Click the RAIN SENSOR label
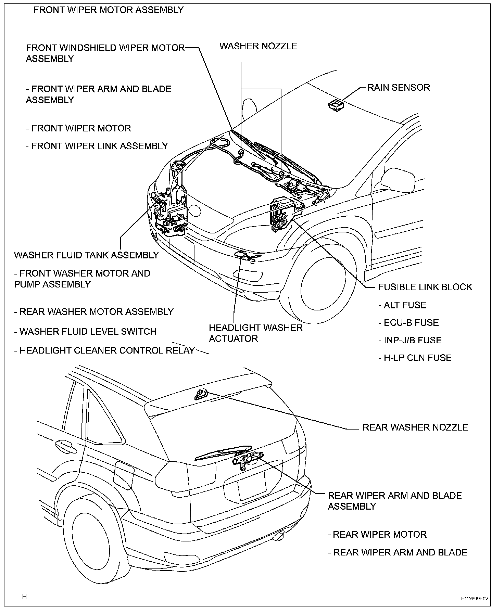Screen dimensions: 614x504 point(399,87)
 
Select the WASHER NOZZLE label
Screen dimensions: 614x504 point(258,46)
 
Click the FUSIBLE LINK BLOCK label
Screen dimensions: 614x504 point(425,287)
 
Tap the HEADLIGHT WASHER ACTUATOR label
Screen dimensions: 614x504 point(255,333)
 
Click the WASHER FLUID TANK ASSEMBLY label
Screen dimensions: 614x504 point(87,255)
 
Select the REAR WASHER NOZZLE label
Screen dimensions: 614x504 point(415,427)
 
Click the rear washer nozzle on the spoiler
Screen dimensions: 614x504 point(201,395)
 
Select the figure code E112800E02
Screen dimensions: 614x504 point(474,599)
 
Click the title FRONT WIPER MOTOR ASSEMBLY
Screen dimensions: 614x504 point(109,10)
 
